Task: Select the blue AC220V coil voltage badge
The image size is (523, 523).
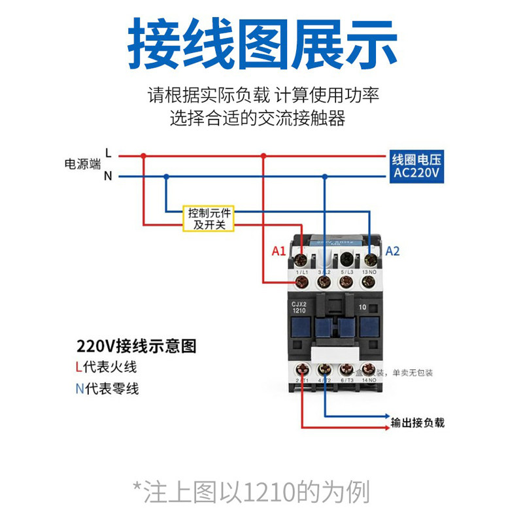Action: point(416,167)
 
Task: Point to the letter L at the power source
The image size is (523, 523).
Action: point(109,154)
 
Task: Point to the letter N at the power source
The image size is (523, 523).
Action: point(109,176)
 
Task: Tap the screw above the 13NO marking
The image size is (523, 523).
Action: point(371,250)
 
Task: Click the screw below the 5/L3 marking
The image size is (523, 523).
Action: point(347,282)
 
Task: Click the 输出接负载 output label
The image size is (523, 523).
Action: point(417,422)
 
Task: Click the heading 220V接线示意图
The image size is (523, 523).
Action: point(136,346)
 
